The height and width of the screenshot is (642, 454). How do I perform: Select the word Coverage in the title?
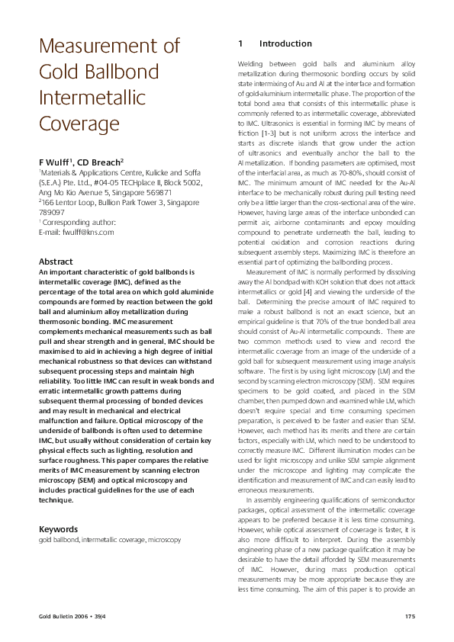[79, 122]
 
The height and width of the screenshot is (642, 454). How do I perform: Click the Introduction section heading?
[285, 44]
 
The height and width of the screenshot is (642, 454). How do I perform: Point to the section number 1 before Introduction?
[240, 44]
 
